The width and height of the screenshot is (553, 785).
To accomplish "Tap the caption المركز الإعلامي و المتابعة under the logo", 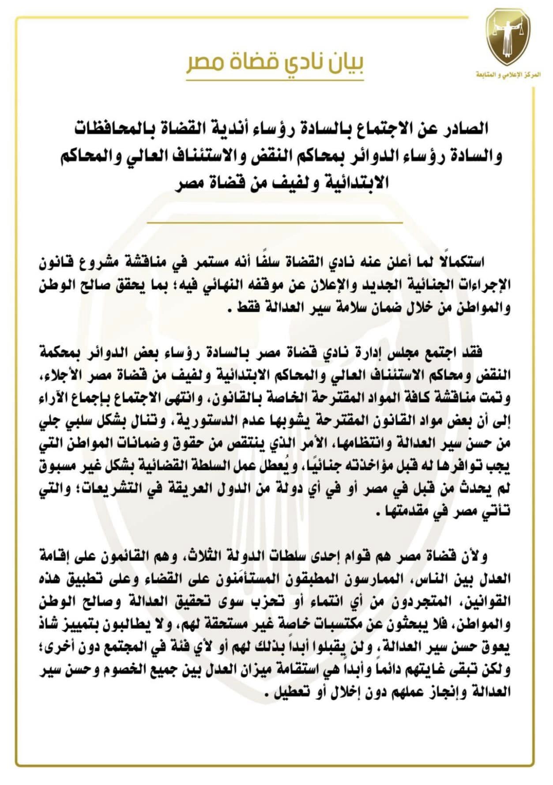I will (508, 75).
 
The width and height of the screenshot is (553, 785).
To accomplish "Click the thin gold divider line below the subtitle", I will (275, 223).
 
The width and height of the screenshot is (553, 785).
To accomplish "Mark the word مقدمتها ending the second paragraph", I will (400, 512).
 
